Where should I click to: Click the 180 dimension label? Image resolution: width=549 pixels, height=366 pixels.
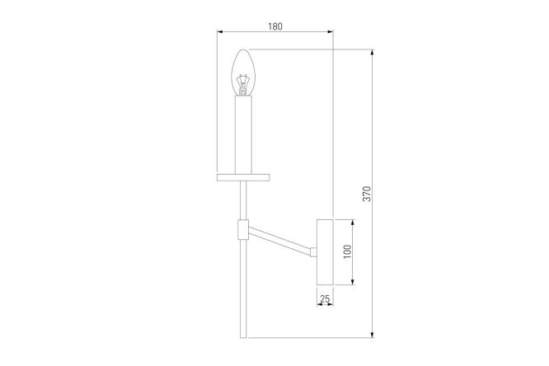click(x=275, y=26)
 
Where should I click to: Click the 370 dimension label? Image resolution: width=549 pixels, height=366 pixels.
click(x=367, y=194)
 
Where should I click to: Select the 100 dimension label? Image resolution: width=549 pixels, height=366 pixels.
click(x=347, y=251)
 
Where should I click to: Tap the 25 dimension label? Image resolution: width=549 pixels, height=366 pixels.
click(x=325, y=298)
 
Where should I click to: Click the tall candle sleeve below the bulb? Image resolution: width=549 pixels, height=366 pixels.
click(x=243, y=135)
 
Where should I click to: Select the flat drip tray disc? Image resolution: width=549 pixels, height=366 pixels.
click(x=243, y=177)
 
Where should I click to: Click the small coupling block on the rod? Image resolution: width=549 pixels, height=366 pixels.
click(x=243, y=230)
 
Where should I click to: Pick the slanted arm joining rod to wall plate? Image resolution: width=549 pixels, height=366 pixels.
click(x=279, y=240)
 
